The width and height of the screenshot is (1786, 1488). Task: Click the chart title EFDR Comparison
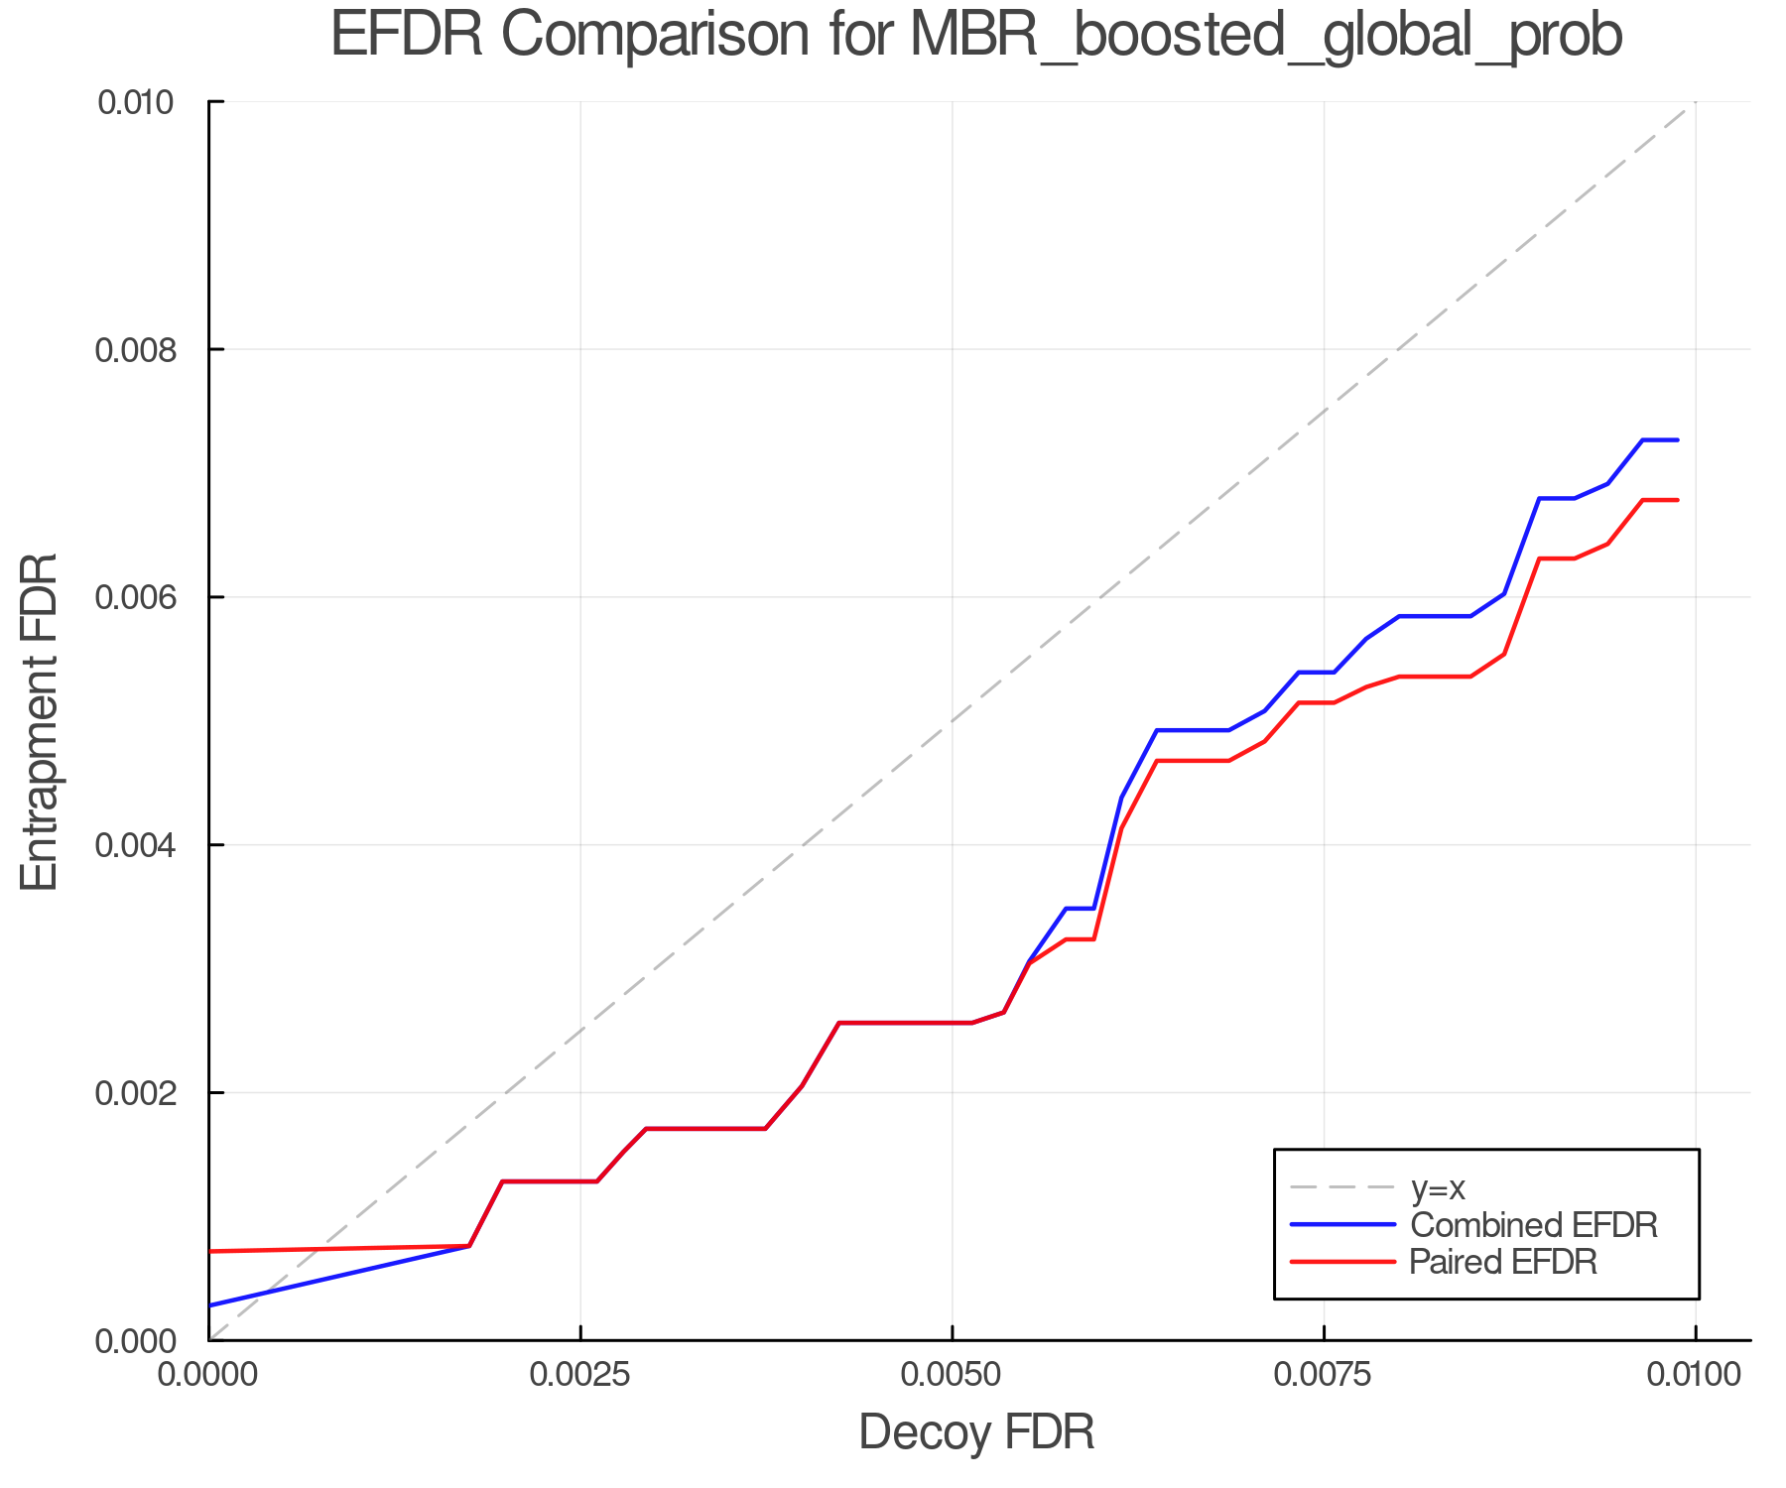[x=976, y=36]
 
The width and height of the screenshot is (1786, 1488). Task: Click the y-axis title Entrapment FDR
[x=40, y=722]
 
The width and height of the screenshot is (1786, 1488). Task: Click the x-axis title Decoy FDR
[x=976, y=1432]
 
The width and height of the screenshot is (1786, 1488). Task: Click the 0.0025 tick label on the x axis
[x=580, y=1375]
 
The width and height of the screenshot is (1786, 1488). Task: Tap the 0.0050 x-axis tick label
[x=952, y=1375]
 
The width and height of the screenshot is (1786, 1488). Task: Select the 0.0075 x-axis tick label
[x=1324, y=1375]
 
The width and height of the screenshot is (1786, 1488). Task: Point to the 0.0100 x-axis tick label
[x=1695, y=1375]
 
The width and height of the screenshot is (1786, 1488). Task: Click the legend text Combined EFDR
[x=1534, y=1225]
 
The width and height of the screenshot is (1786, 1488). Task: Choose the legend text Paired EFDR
[x=1503, y=1262]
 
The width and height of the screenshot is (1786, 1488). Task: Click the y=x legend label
[x=1438, y=1187]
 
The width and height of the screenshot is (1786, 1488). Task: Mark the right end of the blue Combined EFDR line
[x=1677, y=439]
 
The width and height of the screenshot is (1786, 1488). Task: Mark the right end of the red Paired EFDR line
[x=1677, y=500]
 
